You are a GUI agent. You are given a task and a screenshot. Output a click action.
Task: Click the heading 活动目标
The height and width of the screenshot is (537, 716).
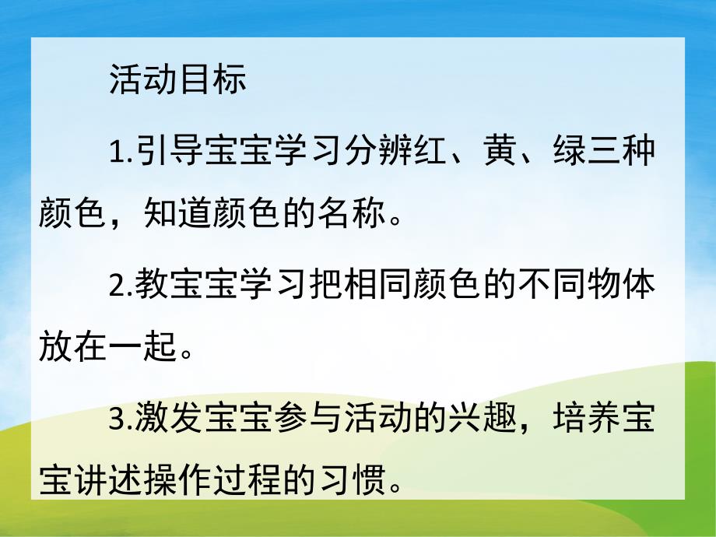[x=178, y=81]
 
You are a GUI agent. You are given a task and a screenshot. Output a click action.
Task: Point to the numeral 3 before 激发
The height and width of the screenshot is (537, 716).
[x=118, y=423]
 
